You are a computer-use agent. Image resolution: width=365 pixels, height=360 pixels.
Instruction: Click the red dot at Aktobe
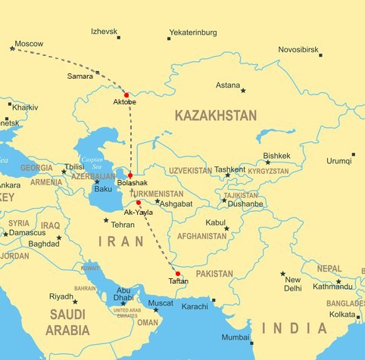126,95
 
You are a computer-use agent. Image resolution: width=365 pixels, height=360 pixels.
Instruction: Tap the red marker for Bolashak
130,175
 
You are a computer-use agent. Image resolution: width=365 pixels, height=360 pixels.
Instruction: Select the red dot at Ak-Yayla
139,203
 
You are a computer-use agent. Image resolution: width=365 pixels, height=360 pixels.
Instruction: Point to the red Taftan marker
178,274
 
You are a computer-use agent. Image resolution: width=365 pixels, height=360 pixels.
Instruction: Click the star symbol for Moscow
12,49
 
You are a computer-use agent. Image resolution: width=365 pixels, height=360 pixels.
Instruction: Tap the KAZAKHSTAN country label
215,116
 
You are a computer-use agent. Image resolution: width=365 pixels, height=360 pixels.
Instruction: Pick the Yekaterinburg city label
192,33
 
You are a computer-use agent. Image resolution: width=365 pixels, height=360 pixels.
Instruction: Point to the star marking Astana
243,91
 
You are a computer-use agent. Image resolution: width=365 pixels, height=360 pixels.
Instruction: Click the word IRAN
121,241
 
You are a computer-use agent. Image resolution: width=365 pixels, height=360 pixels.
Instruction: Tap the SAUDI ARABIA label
67,321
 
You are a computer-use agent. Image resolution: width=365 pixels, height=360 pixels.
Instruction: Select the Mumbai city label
236,337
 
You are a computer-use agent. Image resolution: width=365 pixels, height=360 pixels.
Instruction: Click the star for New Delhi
282,274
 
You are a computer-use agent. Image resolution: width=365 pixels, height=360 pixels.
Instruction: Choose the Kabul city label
216,222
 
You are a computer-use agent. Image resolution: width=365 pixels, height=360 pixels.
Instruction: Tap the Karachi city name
195,306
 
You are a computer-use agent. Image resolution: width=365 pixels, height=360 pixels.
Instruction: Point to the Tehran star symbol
106,221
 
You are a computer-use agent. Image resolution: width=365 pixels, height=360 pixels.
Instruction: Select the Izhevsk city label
105,32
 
